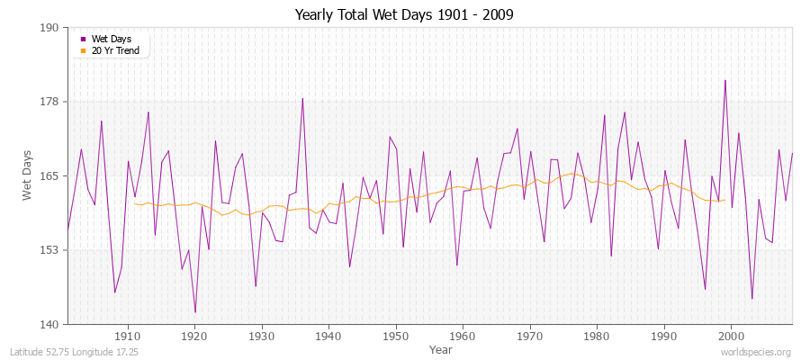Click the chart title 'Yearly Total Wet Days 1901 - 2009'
(404, 15)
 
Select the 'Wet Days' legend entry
(111, 39)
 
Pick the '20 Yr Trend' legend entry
(114, 50)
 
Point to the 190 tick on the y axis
(50, 28)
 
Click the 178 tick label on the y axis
(50, 102)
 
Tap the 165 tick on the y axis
(50, 175)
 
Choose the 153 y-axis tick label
(50, 250)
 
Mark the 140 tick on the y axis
(50, 324)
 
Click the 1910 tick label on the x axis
(128, 336)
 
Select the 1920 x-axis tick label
(194, 336)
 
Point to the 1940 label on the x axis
(328, 336)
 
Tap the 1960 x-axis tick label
(463, 336)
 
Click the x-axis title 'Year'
(441, 348)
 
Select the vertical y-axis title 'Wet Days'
(27, 175)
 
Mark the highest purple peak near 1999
(724, 80)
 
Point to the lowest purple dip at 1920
(195, 312)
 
